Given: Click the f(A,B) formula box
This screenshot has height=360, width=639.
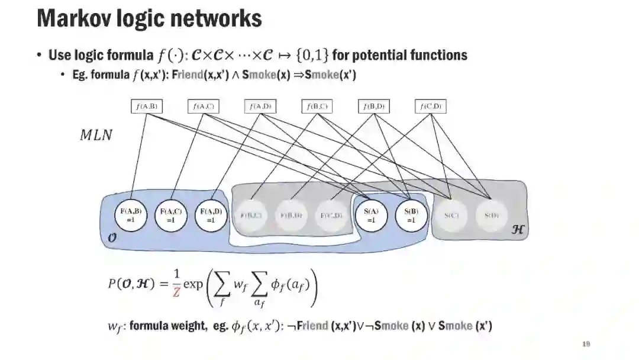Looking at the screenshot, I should pyautogui.click(x=146, y=107).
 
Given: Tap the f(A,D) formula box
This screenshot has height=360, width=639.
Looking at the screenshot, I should pyautogui.click(x=260, y=107).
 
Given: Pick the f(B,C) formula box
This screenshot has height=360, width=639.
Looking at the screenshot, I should pyautogui.click(x=317, y=107).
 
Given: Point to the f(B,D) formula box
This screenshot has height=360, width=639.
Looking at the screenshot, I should pyautogui.click(x=374, y=107).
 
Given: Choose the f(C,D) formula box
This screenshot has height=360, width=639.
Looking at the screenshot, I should pyautogui.click(x=431, y=107).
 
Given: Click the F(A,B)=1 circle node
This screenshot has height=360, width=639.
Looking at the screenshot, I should pyautogui.click(x=131, y=214).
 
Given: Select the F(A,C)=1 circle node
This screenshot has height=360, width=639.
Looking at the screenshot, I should pyautogui.click(x=171, y=214).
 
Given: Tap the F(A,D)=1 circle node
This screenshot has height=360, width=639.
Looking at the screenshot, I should pyautogui.click(x=211, y=214).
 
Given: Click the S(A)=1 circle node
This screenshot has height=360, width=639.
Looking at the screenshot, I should pyautogui.click(x=371, y=214).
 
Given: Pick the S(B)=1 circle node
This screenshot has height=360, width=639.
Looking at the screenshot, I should pyautogui.click(x=411, y=214).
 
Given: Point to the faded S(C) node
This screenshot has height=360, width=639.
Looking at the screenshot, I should pyautogui.click(x=451, y=215).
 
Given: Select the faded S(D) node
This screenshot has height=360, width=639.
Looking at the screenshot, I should pyautogui.click(x=491, y=215).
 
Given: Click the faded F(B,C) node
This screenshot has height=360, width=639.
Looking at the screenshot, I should pyautogui.click(x=251, y=215).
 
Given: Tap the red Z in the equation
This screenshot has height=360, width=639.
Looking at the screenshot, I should pyautogui.click(x=177, y=292).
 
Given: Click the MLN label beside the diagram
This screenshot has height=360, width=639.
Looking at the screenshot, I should pyautogui.click(x=96, y=135).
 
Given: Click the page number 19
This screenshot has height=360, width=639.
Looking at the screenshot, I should pyautogui.click(x=586, y=345).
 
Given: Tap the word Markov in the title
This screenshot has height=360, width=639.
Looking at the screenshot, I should pyautogui.click(x=74, y=18).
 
